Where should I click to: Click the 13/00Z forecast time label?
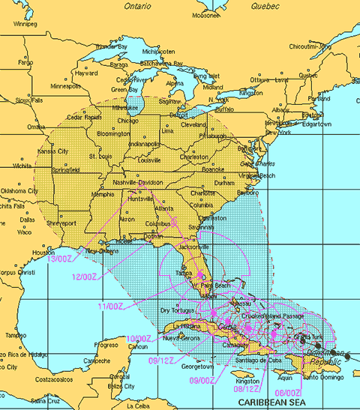60,259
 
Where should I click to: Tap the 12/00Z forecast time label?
84,277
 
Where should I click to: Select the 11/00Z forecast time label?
110,306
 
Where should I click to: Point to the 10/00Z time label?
138,339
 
